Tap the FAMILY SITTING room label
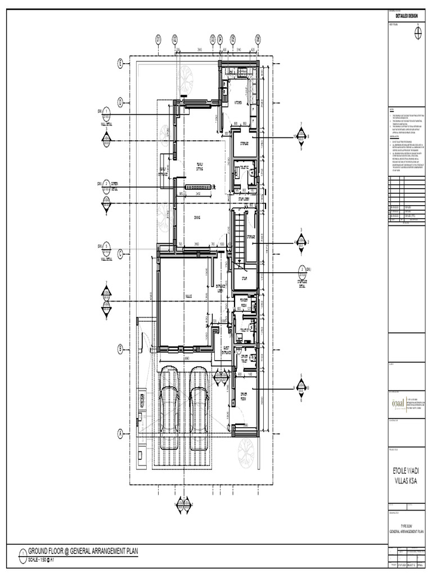tap(199, 166)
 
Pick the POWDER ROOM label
tap(244, 301)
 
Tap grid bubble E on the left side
tap(120, 64)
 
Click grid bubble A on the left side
tap(120, 433)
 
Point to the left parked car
tap(169, 408)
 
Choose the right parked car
tap(199, 408)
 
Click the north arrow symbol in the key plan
tap(417, 33)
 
